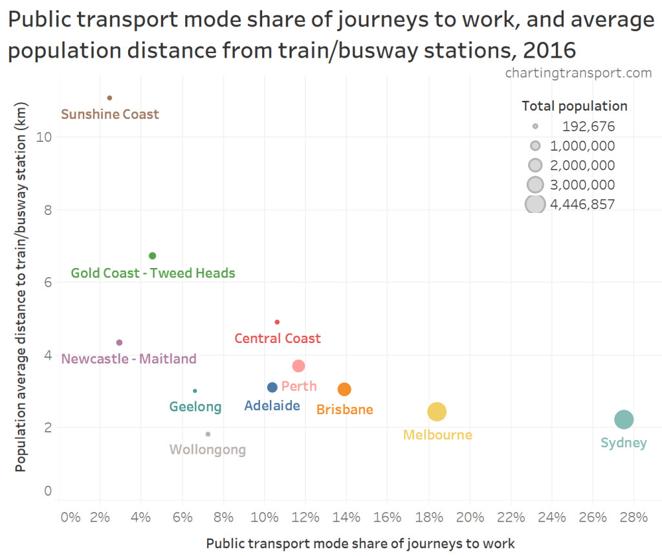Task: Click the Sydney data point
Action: [x=623, y=419]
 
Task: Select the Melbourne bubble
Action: [x=437, y=412]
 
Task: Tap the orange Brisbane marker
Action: [x=344, y=389]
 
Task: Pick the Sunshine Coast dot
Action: [x=109, y=98]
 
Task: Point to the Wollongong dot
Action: [x=208, y=434]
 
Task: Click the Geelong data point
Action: [x=195, y=391]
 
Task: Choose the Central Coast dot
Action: [x=277, y=322]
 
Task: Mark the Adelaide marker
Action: [x=272, y=387]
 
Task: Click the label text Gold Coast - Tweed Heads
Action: [x=153, y=273]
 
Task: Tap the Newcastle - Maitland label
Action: [x=129, y=359]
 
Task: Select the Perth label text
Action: [x=299, y=386]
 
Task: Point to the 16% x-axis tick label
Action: [x=387, y=517]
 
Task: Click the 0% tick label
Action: [x=70, y=517]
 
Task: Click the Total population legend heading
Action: [x=575, y=106]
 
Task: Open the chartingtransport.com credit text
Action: [x=578, y=72]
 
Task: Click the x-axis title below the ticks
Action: [x=360, y=543]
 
